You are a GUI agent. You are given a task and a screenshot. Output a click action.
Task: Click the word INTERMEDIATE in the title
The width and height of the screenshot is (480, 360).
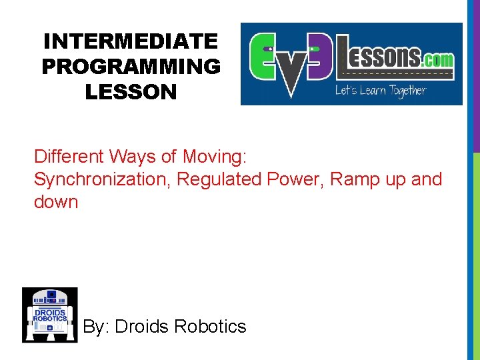click(131, 41)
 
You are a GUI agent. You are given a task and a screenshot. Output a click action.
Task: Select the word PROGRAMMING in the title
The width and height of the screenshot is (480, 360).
click(131, 67)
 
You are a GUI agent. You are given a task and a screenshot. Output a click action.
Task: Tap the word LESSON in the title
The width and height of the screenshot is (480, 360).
click(131, 92)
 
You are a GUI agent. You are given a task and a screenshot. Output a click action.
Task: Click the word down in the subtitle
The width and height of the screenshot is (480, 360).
click(56, 202)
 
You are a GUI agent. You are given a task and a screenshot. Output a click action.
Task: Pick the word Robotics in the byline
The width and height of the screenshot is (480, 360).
click(210, 327)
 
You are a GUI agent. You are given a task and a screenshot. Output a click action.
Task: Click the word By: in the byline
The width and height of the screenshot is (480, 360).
click(96, 327)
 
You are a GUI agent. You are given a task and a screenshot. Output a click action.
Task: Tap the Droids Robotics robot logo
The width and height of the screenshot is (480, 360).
click(49, 315)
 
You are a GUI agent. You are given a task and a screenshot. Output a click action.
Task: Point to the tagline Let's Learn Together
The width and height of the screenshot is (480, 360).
click(380, 90)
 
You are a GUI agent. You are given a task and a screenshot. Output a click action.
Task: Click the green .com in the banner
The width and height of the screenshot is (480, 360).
click(438, 59)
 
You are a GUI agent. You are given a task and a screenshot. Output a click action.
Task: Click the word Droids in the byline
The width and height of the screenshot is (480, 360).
click(141, 327)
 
